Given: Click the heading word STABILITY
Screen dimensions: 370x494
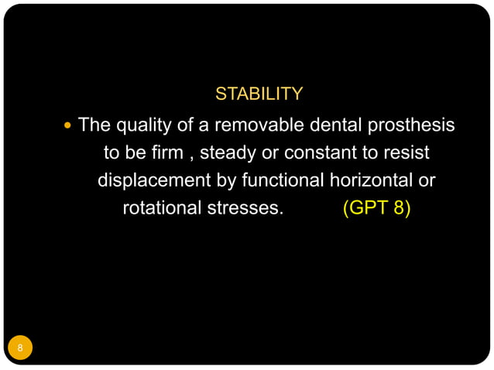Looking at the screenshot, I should (x=259, y=94).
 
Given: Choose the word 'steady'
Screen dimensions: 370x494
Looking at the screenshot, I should (x=229, y=152).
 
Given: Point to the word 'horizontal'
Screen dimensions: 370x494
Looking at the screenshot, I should (x=371, y=180).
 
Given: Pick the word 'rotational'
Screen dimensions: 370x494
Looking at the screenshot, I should (x=160, y=208).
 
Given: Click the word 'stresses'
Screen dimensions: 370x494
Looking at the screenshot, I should (x=245, y=208).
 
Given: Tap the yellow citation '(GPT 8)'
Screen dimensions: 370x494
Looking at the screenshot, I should (x=376, y=208).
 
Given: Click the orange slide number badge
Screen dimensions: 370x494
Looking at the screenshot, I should (x=21, y=348).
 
